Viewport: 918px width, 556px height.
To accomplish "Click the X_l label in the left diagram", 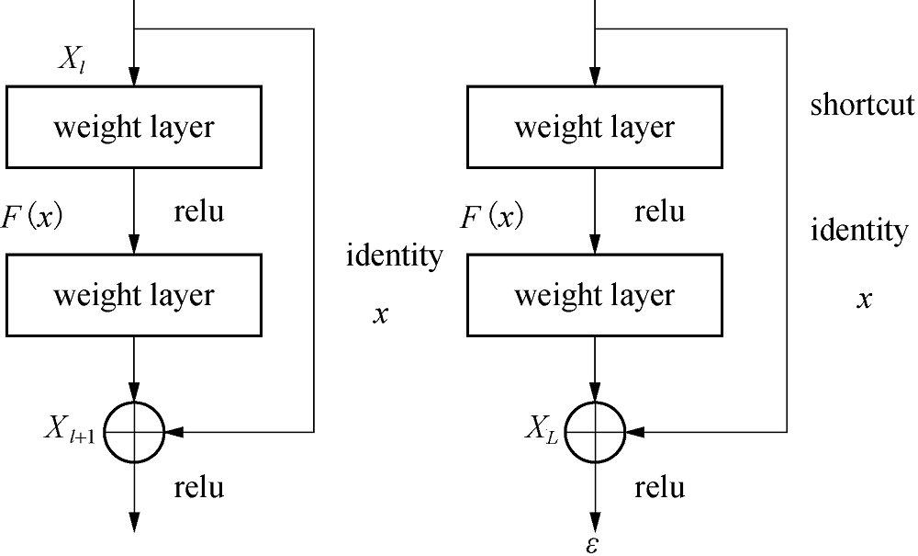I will click(x=74, y=62).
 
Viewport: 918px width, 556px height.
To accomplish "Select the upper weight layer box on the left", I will click(x=134, y=127).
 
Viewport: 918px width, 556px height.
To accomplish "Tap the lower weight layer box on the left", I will click(x=134, y=295).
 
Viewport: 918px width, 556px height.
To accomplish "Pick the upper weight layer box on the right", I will click(x=595, y=127).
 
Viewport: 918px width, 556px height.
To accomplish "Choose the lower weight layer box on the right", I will click(x=595, y=295).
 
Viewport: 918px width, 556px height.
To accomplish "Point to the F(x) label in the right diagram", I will click(x=491, y=217).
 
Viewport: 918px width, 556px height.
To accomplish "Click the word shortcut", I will click(x=862, y=104).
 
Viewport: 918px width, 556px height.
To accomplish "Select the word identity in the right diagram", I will click(x=859, y=230).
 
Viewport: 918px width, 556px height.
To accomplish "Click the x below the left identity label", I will click(x=381, y=314).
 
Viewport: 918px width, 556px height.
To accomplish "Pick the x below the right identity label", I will click(x=864, y=299).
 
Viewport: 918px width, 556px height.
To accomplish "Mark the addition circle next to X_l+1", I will click(x=134, y=430).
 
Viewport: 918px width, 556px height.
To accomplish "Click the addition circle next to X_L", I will click(x=595, y=430).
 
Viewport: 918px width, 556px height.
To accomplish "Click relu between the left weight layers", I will click(x=198, y=212).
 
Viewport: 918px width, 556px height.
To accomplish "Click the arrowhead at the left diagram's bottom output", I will click(x=134, y=521).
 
